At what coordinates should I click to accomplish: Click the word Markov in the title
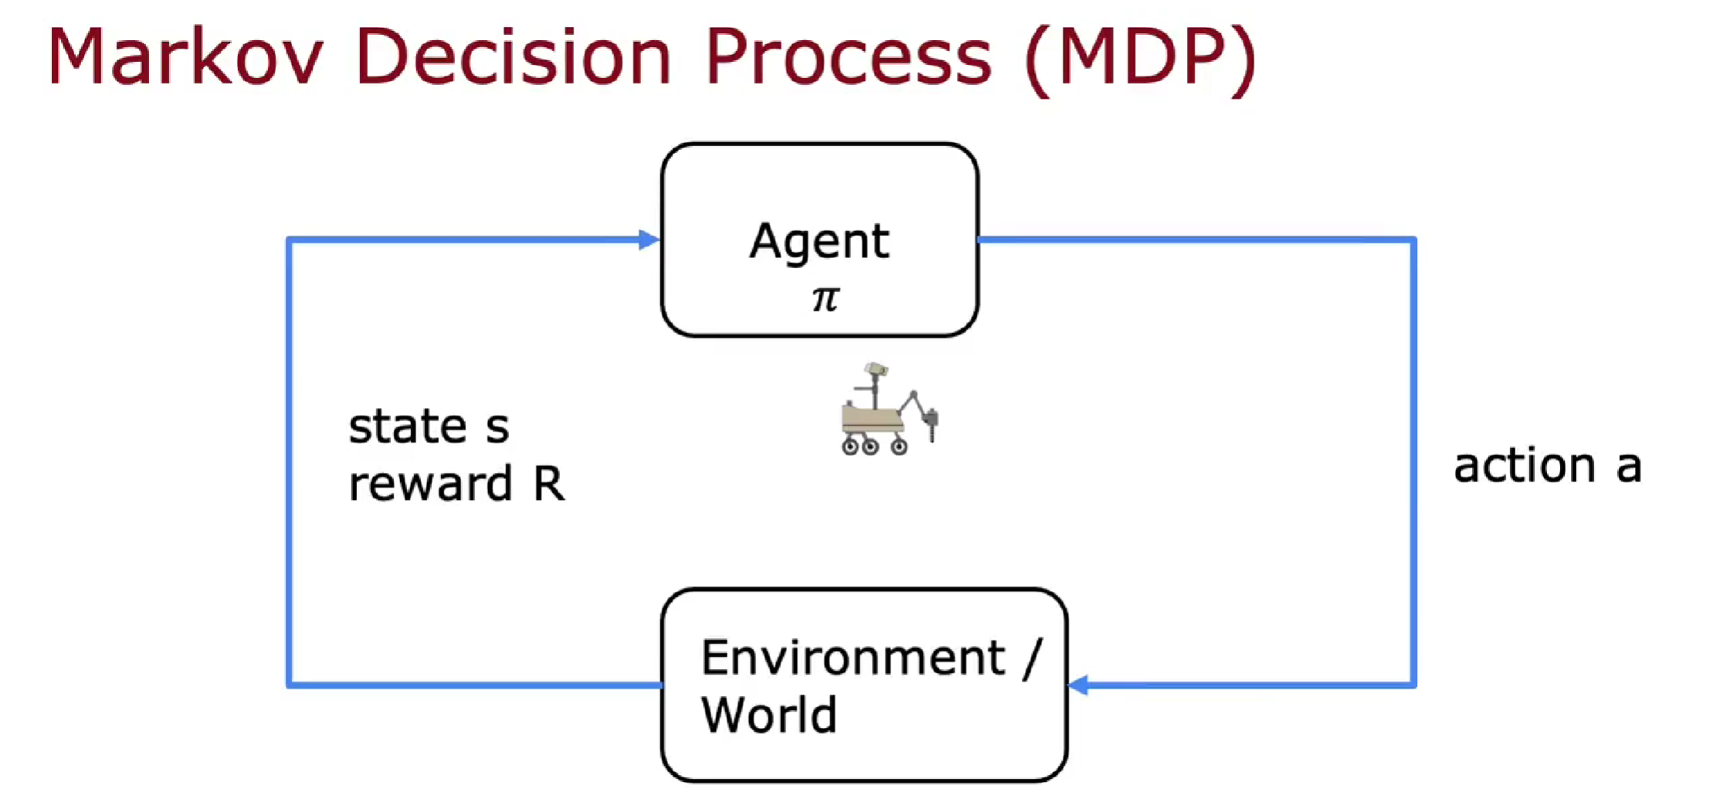pyautogui.click(x=185, y=56)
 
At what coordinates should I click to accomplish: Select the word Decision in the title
pyautogui.click(x=514, y=56)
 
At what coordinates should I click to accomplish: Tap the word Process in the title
pyautogui.click(x=848, y=56)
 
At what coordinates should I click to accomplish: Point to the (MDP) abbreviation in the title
pyautogui.click(x=1141, y=59)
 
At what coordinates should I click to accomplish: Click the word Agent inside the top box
pyautogui.click(x=819, y=240)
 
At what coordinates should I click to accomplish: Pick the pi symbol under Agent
pyautogui.click(x=826, y=299)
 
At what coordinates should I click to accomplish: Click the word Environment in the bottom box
pyautogui.click(x=853, y=658)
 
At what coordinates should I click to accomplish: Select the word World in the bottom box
pyautogui.click(x=769, y=714)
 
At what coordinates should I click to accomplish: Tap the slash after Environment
pyautogui.click(x=1032, y=659)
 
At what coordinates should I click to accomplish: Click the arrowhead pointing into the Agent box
pyautogui.click(x=650, y=240)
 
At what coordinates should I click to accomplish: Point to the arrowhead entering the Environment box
pyautogui.click(x=1079, y=685)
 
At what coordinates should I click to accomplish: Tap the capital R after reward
pyautogui.click(x=548, y=483)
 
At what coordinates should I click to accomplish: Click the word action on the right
pyautogui.click(x=1525, y=465)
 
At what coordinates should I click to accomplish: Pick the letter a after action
pyautogui.click(x=1629, y=467)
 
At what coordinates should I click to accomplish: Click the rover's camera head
pyautogui.click(x=876, y=369)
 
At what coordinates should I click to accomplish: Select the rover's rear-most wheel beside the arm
pyautogui.click(x=899, y=446)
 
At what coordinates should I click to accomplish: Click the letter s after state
pyautogui.click(x=497, y=429)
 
